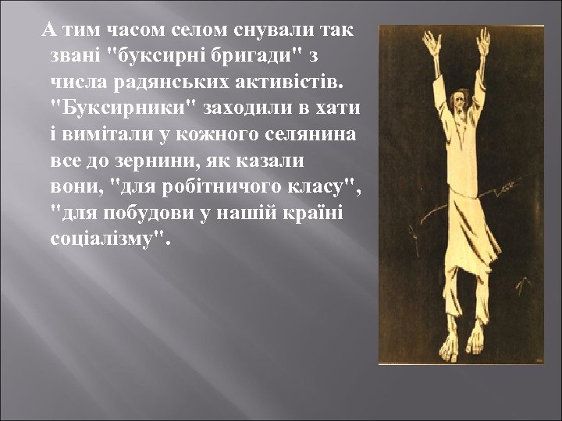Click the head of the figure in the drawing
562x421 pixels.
(460, 101)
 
